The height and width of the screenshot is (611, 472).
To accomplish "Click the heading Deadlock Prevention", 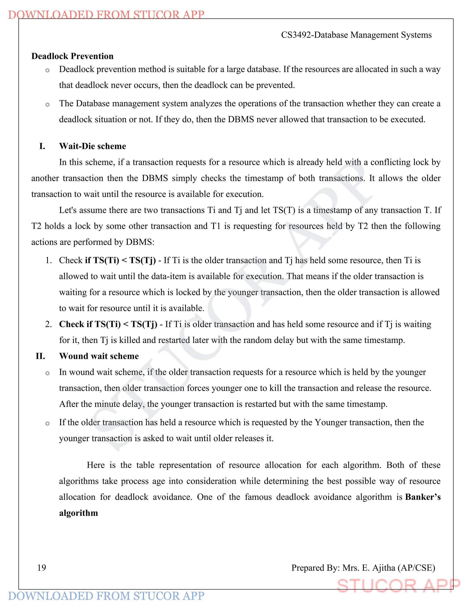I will tap(72, 56).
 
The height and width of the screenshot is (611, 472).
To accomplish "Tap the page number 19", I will tap(42, 568).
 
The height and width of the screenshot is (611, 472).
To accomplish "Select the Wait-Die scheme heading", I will tap(93, 146).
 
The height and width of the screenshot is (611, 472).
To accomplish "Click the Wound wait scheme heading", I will tap(99, 356).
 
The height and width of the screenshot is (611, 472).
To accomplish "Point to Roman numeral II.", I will tap(41, 356).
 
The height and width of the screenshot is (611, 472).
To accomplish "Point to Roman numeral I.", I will tap(42, 146).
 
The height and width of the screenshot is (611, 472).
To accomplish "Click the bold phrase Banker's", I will tap(423, 497).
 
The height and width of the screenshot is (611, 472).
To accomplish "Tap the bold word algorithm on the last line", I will tap(79, 513).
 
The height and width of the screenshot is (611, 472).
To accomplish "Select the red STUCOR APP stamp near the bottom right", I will tap(398, 586).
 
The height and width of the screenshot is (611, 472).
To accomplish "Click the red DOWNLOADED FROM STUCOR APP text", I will tap(106, 15).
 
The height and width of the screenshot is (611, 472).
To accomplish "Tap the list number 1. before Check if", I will tap(48, 261).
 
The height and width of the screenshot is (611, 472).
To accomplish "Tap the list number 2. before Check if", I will tap(48, 324).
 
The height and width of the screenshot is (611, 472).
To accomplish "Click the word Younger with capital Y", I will tap(331, 422).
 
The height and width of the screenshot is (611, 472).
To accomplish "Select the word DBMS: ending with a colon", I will tap(140, 242).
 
